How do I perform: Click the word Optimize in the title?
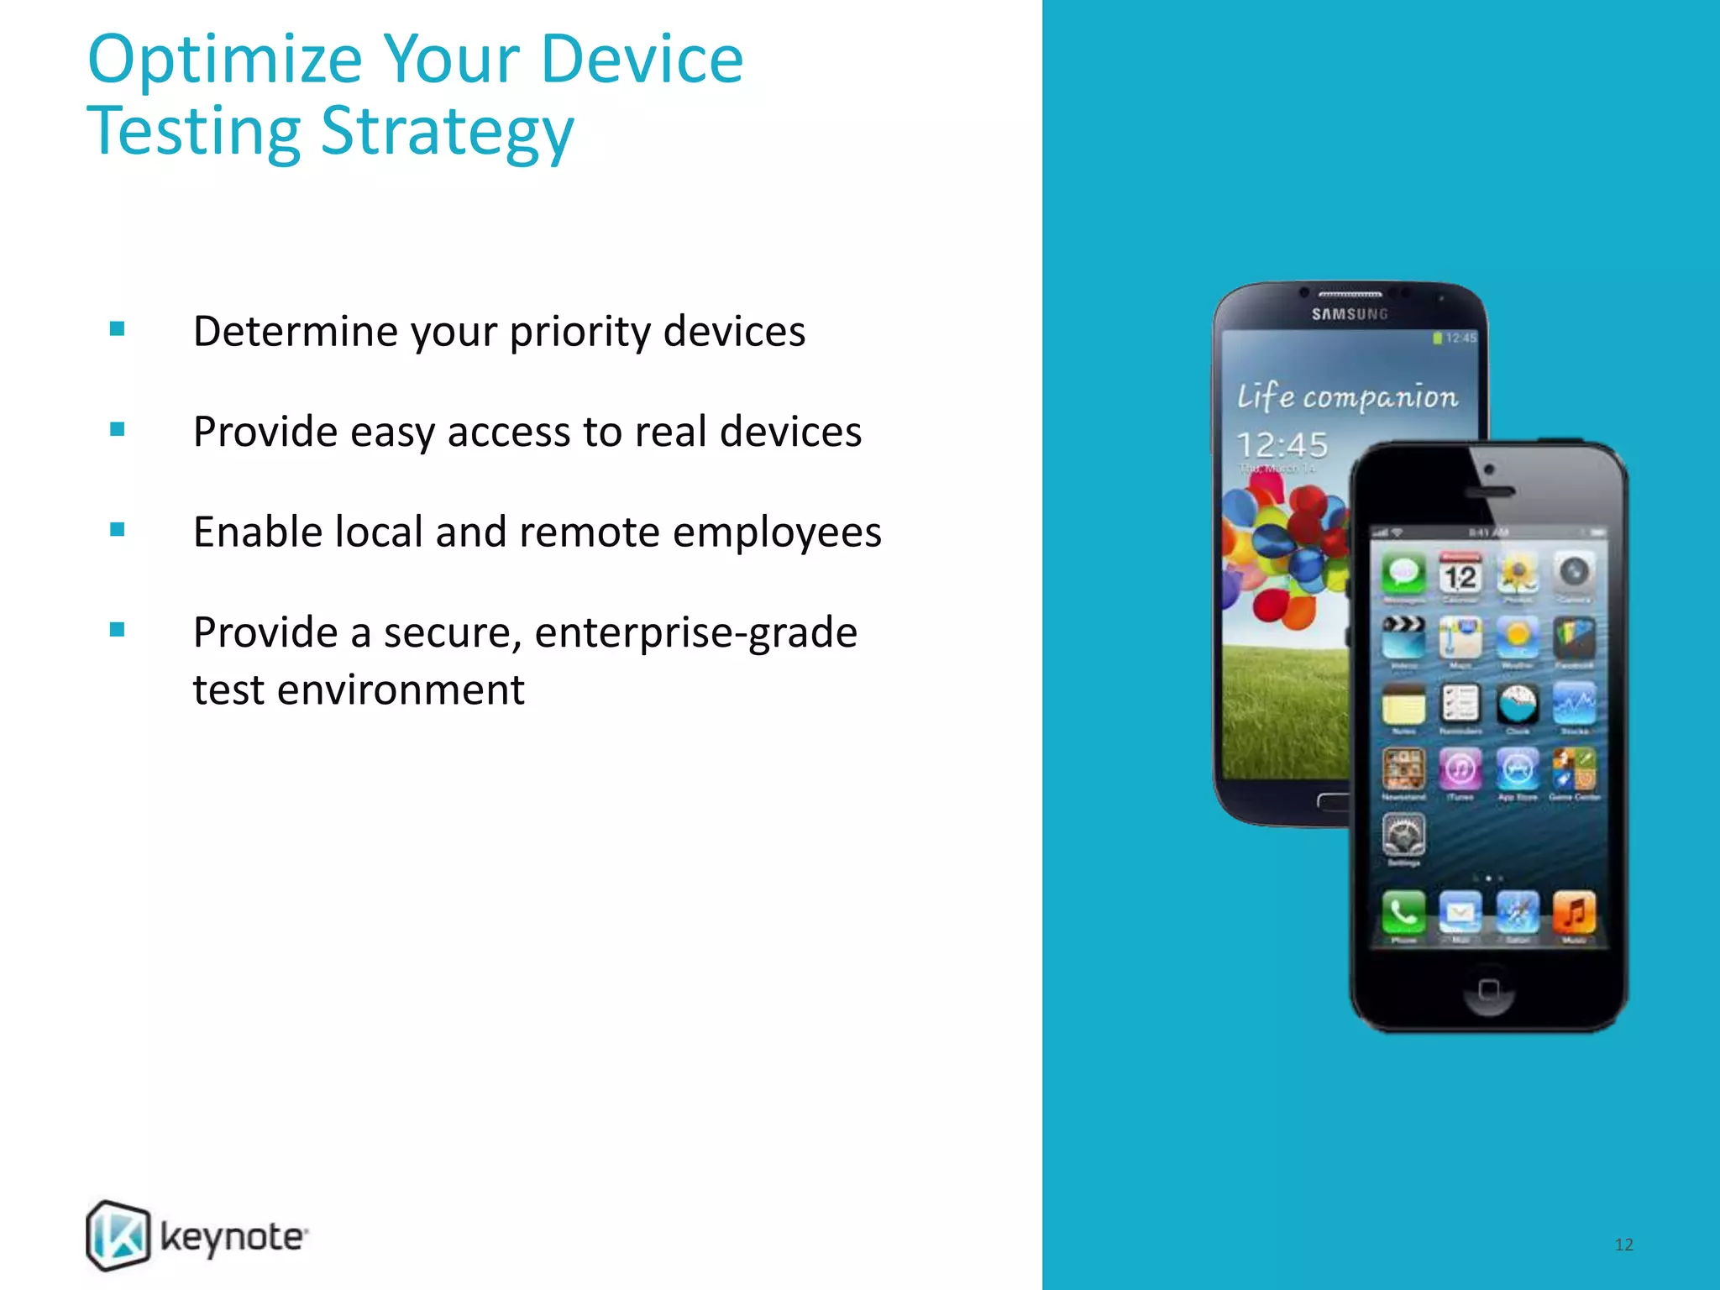(x=225, y=60)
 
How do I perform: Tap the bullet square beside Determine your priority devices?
(x=118, y=329)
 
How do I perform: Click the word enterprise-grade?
(x=695, y=632)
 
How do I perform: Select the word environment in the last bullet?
(x=401, y=690)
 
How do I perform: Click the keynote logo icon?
(x=118, y=1235)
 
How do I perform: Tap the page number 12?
(x=1623, y=1245)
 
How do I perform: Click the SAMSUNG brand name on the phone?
(x=1350, y=314)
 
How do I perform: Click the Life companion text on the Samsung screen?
(x=1347, y=396)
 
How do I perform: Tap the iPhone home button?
(x=1488, y=989)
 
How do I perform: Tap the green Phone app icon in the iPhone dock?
(x=1403, y=911)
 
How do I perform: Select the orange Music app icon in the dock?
(x=1574, y=911)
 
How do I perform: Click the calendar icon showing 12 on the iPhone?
(x=1460, y=574)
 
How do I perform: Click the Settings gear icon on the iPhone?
(x=1403, y=835)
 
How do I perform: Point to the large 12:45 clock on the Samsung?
(x=1282, y=444)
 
